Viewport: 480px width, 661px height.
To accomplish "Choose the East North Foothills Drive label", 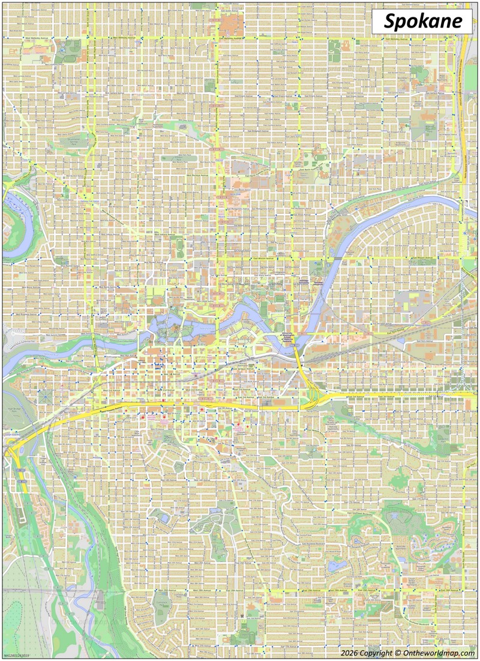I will point(312,170).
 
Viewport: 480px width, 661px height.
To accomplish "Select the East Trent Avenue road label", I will point(402,331).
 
